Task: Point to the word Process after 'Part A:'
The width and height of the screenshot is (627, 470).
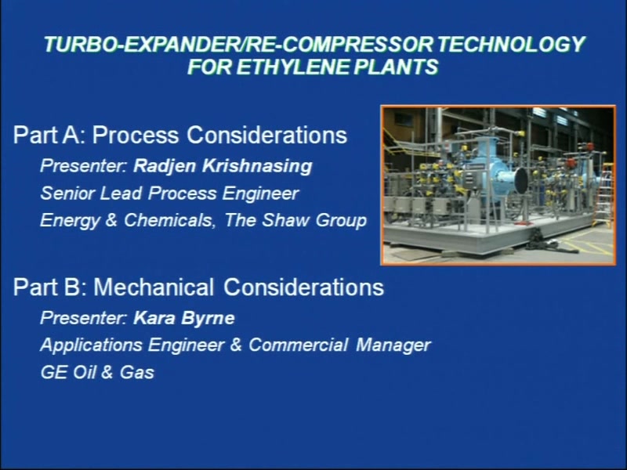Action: click(x=136, y=135)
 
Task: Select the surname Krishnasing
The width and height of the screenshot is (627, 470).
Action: click(x=257, y=166)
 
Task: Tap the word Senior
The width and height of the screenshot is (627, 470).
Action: click(x=67, y=193)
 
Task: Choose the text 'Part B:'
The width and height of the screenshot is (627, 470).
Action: click(x=50, y=287)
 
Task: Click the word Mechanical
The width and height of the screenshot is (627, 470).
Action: click(x=154, y=287)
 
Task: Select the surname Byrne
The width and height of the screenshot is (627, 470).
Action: click(x=208, y=319)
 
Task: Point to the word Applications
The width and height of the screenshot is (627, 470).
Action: click(x=92, y=345)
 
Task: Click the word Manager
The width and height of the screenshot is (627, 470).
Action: click(x=393, y=345)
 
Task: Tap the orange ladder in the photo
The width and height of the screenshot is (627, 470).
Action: click(x=605, y=196)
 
